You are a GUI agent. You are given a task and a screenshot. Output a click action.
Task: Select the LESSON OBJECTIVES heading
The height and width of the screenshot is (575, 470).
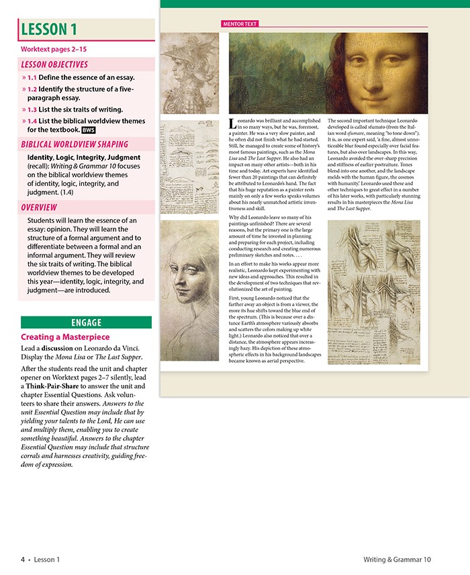pyautogui.click(x=54, y=64)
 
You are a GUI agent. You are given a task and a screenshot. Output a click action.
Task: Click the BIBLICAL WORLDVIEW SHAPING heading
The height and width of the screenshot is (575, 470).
pyautogui.click(x=75, y=144)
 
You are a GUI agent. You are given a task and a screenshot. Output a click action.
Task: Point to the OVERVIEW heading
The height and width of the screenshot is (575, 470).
pyautogui.click(x=39, y=208)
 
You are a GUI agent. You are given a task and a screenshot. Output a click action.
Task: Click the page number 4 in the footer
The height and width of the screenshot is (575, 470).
pyautogui.click(x=22, y=559)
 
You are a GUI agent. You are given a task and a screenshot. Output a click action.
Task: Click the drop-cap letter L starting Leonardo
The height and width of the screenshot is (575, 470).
pyautogui.click(x=232, y=124)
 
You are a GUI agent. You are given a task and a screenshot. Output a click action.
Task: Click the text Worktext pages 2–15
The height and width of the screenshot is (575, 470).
pyautogui.click(x=54, y=50)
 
